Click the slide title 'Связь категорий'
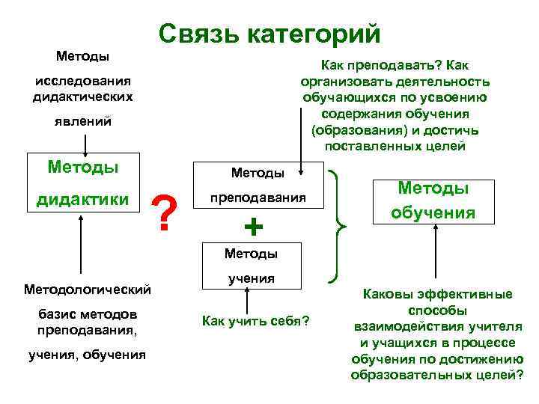[x=269, y=34]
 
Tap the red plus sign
[x=254, y=225]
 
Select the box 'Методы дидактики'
[x=84, y=183]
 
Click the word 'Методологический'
[x=88, y=289]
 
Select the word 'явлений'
[x=83, y=121]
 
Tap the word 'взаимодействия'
[x=405, y=326]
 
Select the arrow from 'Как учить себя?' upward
[x=246, y=299]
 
